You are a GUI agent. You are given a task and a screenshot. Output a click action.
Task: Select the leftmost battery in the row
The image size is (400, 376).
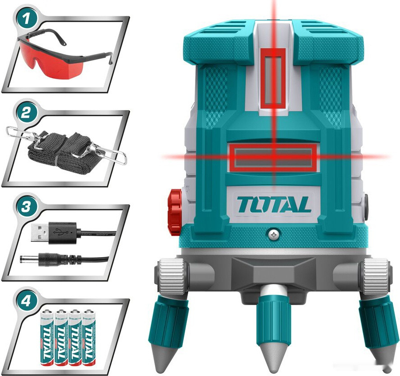47,337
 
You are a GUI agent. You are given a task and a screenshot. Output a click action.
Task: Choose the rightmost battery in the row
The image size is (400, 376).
89,337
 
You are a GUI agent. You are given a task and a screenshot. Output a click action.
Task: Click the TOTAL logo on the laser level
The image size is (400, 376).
274,205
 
